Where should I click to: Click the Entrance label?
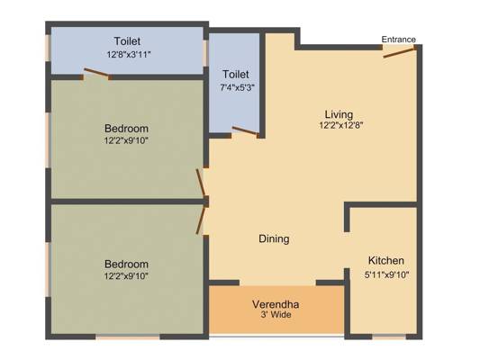(x=398, y=40)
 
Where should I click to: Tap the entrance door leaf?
(x=399, y=52)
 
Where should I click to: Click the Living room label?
(x=339, y=114)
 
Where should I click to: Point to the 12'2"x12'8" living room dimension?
(x=341, y=125)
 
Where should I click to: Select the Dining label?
(x=274, y=238)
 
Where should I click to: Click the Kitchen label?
(x=386, y=261)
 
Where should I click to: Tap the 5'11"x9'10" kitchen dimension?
(x=387, y=274)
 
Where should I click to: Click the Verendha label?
(x=276, y=304)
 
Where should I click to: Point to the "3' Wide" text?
(x=276, y=314)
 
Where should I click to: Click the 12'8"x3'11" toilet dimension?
(x=129, y=55)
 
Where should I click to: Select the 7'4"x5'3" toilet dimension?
(x=237, y=88)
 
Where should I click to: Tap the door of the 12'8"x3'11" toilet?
(x=96, y=73)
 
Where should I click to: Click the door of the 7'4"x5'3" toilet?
(x=245, y=130)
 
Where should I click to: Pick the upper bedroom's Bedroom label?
(x=126, y=129)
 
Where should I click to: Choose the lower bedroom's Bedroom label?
(x=126, y=264)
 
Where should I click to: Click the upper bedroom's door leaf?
(x=201, y=183)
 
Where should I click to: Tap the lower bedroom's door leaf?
(x=201, y=220)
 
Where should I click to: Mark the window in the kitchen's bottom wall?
(x=389, y=337)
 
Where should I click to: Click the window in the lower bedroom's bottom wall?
(x=128, y=337)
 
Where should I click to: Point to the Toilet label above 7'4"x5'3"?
(x=236, y=75)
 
